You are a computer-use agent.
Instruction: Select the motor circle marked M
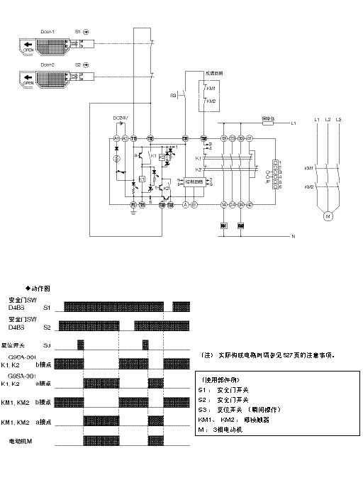(x=328, y=216)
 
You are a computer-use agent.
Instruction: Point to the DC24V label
(x=121, y=117)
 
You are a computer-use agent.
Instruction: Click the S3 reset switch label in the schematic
(x=172, y=94)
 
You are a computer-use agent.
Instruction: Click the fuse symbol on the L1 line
(x=269, y=123)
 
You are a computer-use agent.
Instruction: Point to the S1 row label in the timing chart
(x=47, y=308)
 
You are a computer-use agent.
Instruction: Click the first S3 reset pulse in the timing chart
(x=81, y=344)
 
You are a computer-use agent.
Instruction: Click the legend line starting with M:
(x=224, y=429)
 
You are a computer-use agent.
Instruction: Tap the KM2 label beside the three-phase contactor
(x=309, y=186)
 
